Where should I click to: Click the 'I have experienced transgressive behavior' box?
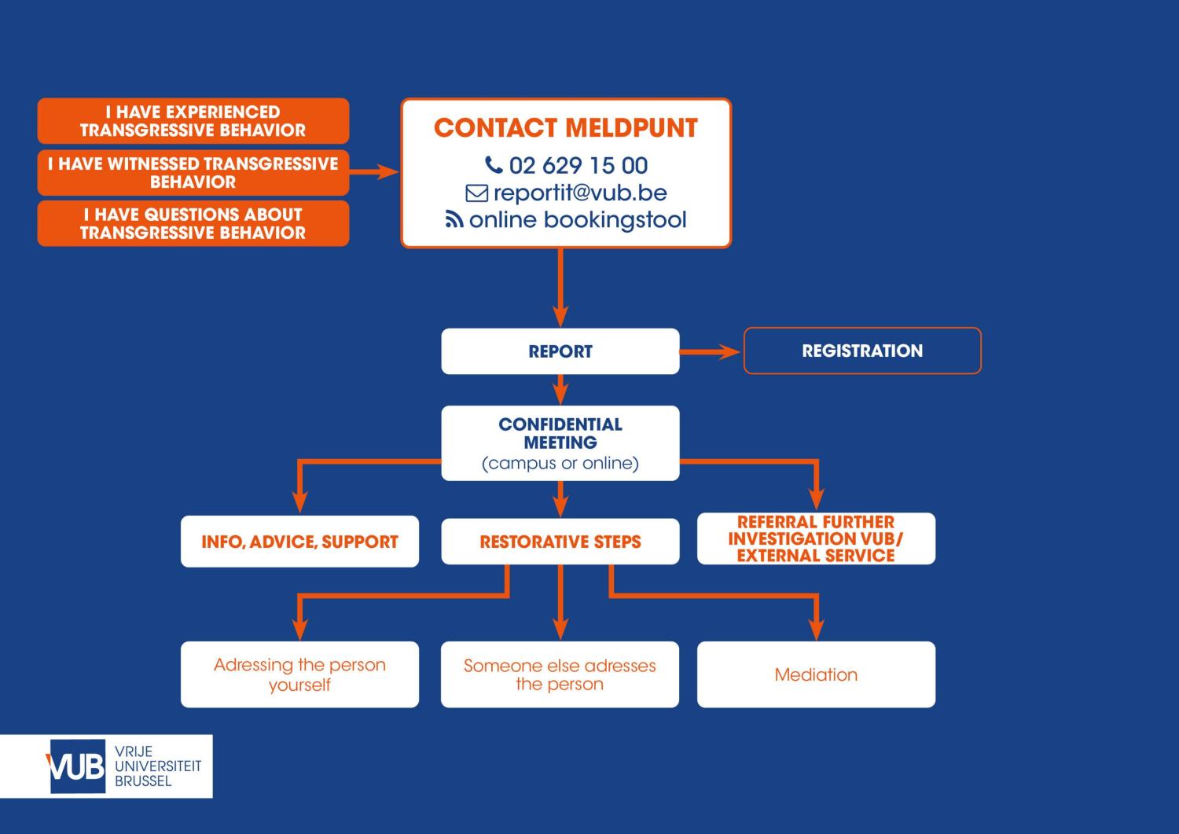193,121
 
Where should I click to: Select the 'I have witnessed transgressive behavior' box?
193,173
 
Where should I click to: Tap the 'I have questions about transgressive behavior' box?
193,224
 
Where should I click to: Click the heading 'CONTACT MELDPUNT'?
565,128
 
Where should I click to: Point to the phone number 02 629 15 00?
578,166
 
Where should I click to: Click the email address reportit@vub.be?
579,193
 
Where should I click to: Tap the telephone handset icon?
494,165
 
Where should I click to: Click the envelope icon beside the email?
476,193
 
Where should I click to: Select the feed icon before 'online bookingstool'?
454,220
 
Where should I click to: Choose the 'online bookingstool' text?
578,220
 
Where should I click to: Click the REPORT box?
560,351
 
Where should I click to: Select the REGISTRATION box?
862,351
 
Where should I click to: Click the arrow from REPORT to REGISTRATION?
711,351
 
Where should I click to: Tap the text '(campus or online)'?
560,464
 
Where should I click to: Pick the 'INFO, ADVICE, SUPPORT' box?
299,542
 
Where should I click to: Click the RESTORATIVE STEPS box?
560,542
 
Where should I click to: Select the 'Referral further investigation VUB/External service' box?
816,539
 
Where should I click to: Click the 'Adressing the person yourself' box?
299,674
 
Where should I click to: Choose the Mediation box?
816,674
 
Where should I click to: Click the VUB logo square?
77,766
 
